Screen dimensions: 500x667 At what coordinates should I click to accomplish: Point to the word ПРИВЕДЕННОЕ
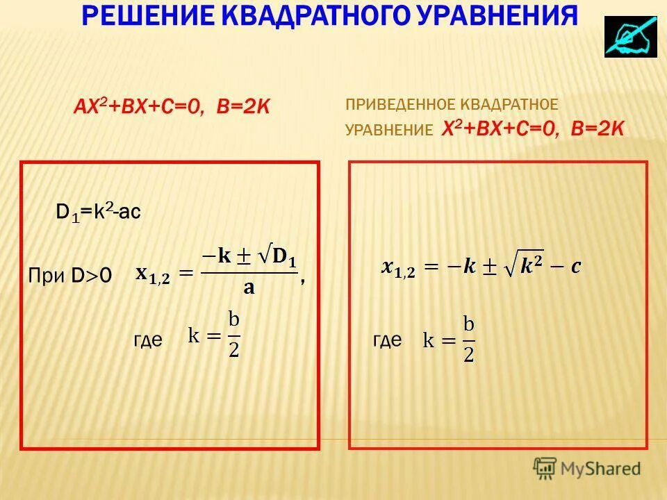399,105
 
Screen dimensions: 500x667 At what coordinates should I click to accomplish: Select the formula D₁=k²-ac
98,212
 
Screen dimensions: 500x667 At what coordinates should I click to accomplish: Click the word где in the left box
147,340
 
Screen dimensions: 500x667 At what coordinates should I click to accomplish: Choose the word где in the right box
387,340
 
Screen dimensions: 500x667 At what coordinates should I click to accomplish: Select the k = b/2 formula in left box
214,337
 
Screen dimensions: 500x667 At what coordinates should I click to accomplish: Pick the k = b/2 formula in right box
450,340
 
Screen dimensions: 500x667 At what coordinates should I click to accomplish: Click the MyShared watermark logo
586,468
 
